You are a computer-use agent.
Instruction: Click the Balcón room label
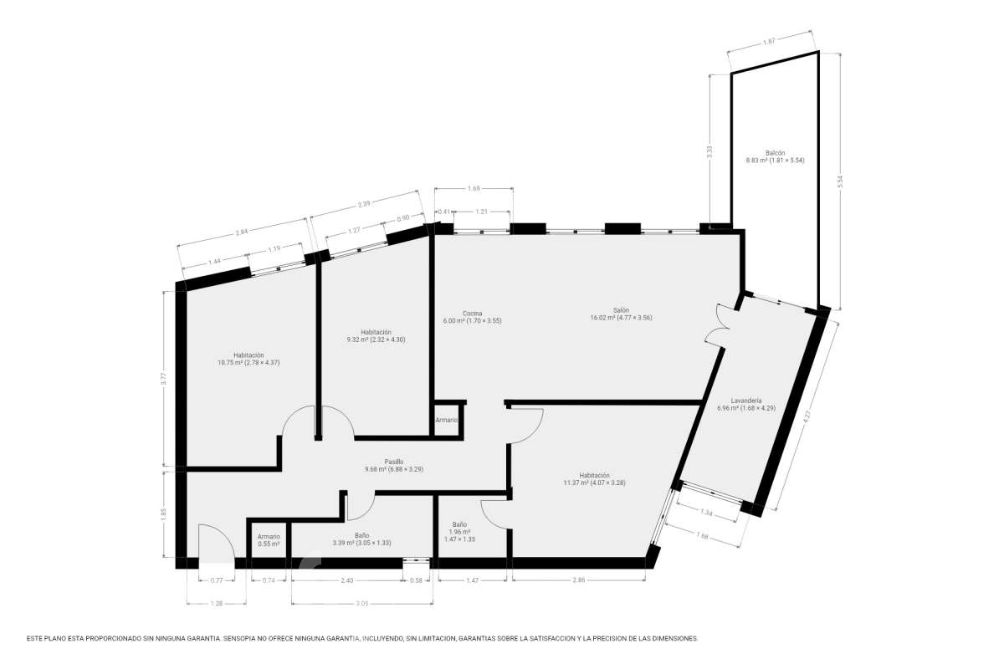click(x=775, y=157)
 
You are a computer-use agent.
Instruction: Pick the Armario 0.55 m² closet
click(x=269, y=540)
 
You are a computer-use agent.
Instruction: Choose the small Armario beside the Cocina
click(x=447, y=421)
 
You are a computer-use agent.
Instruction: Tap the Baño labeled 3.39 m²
click(x=361, y=539)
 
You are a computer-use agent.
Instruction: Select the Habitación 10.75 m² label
click(x=248, y=359)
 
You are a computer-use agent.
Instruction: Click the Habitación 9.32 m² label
click(x=376, y=336)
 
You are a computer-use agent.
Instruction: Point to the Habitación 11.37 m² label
click(x=594, y=479)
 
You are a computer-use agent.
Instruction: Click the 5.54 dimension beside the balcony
click(x=840, y=181)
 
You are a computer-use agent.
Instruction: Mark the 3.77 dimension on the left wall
click(x=164, y=379)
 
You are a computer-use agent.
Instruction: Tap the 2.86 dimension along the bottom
click(x=579, y=580)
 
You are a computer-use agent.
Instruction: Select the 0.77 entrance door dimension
click(x=217, y=580)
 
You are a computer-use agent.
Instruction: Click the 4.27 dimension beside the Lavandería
click(x=807, y=416)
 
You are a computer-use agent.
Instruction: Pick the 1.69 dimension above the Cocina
click(x=474, y=189)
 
